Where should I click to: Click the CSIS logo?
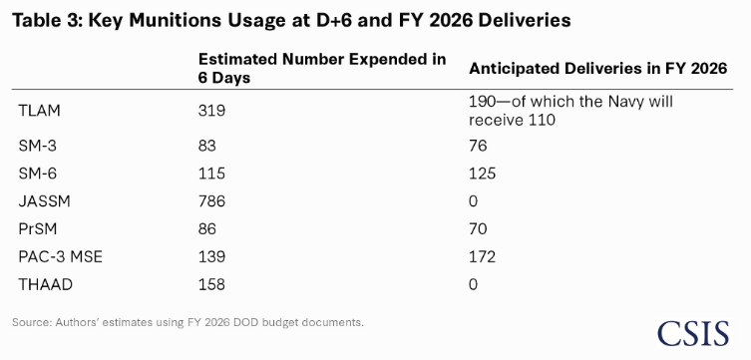[692, 333]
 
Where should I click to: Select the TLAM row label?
[39, 111]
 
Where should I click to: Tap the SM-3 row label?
[37, 146]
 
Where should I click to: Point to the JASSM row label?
[44, 201]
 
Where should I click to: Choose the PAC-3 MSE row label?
[61, 257]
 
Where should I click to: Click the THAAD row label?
[46, 285]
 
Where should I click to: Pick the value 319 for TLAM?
[211, 111]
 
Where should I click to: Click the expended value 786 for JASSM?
[211, 201]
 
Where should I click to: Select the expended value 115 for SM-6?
[211, 174]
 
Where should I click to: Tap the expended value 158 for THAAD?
[211, 285]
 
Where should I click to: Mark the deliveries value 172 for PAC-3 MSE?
[483, 257]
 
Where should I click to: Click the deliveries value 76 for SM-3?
[478, 146]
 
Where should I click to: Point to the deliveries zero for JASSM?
[473, 201]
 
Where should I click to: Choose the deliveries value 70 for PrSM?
[478, 229]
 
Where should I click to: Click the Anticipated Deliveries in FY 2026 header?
[598, 69]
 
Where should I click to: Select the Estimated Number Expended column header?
[322, 68]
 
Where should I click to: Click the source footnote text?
[188, 322]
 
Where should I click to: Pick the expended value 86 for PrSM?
[206, 229]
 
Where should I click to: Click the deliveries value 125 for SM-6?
[483, 174]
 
